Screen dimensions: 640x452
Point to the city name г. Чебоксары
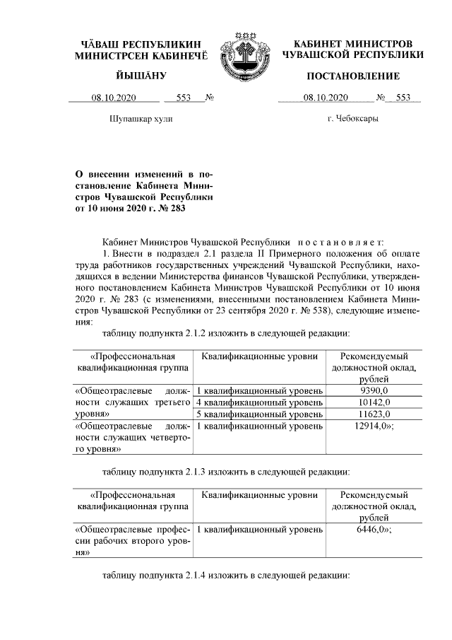(352, 119)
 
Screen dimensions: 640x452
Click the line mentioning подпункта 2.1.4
(226, 576)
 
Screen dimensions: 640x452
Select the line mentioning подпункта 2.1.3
(226, 471)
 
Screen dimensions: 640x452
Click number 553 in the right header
(403, 98)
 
